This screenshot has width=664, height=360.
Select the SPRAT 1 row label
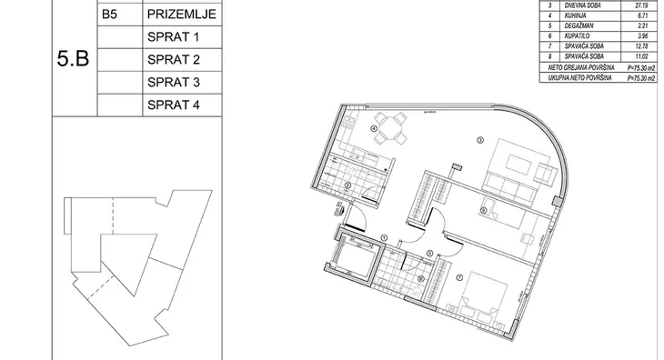(x=172, y=38)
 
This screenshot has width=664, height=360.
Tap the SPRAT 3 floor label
(x=172, y=83)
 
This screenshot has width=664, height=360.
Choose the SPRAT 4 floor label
(x=172, y=105)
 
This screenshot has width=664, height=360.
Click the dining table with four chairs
(x=394, y=126)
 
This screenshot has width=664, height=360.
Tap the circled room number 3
(x=479, y=139)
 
